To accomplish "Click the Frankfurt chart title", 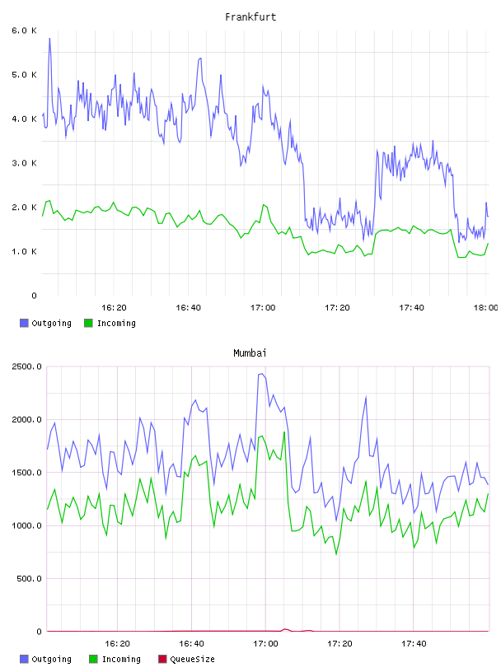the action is coord(250,17).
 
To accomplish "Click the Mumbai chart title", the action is coord(250,353).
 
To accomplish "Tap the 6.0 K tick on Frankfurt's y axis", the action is coord(24,30).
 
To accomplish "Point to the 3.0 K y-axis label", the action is coord(24,163).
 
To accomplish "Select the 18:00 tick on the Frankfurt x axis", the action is coord(486,307).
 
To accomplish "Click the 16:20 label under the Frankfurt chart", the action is coord(114,307).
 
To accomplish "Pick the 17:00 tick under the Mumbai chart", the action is coord(265,643).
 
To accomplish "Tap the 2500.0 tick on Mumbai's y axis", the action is coord(27,366).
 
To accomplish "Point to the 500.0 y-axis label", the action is coord(29,579).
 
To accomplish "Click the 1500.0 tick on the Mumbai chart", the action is coord(27,472).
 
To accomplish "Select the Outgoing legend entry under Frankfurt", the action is coord(45,323).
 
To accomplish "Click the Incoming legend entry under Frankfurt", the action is coord(110,323).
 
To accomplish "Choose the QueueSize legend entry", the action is coord(186,659).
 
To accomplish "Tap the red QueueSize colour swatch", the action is coord(162,659).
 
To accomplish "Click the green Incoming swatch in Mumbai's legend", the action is coord(93,659).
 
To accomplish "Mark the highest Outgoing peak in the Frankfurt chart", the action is coord(49,39).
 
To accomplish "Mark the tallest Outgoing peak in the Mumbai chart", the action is coord(262,374).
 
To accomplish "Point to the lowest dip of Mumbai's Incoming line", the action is coord(336,554).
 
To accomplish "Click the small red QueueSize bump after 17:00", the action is coord(285,629).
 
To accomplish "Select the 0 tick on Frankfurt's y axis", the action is coord(34,296).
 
